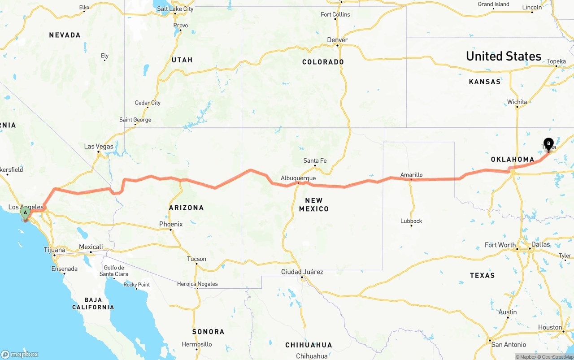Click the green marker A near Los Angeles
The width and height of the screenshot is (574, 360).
click(26, 213)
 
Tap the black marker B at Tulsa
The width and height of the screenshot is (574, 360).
click(548, 144)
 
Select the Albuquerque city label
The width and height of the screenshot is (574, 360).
click(298, 178)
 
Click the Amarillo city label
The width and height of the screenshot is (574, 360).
click(411, 175)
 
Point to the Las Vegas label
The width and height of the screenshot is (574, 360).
click(99, 146)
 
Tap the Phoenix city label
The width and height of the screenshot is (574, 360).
click(171, 224)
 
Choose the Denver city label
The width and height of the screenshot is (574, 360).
click(337, 40)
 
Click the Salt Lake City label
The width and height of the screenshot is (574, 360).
click(175, 9)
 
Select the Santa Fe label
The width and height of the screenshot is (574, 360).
click(315, 160)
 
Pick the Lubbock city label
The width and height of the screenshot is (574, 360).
click(411, 221)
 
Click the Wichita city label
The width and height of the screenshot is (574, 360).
click(517, 102)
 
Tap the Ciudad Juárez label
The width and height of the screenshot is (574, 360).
click(302, 272)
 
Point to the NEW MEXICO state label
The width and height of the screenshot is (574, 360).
click(314, 204)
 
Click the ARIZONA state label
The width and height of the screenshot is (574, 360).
click(186, 208)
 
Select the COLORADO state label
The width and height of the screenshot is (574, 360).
click(323, 62)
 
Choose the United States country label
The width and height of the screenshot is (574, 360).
click(504, 56)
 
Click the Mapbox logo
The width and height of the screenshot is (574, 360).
click(20, 354)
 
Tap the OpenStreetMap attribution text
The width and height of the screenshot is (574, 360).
click(557, 357)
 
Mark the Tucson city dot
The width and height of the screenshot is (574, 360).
click(196, 264)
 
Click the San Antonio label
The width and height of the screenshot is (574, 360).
click(509, 344)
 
